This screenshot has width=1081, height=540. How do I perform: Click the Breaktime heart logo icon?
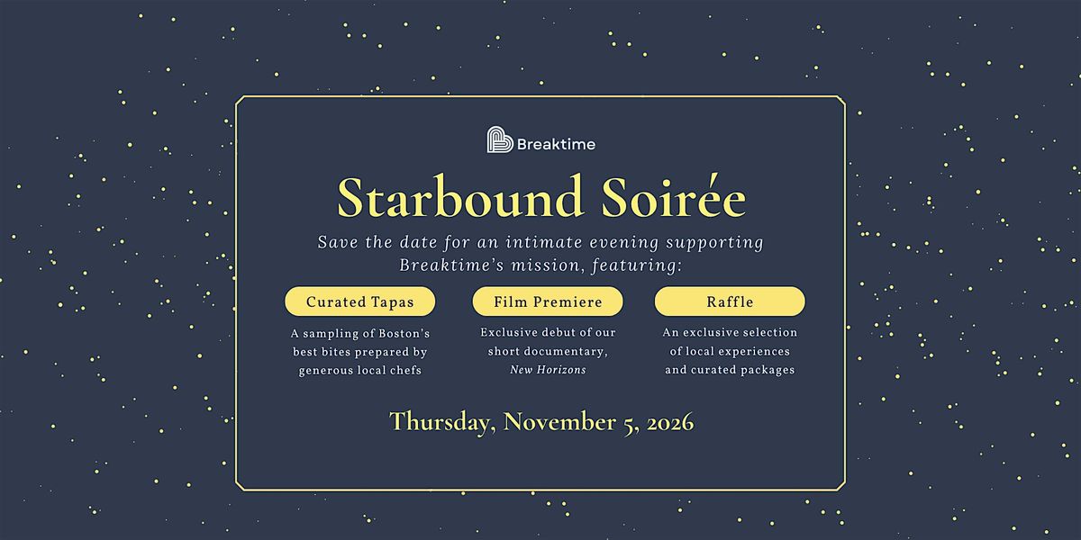(499, 139)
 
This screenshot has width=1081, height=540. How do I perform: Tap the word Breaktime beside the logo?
(556, 144)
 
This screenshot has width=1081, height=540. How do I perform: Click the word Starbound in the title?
(460, 197)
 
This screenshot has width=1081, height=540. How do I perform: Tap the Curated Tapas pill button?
(360, 301)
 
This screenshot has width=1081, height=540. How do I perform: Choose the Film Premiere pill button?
(548, 301)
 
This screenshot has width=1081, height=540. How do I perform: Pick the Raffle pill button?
(730, 301)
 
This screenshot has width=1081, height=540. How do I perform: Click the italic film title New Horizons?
(548, 370)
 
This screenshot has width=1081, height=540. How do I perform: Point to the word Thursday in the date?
(442, 422)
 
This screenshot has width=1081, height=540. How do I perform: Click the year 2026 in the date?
(670, 422)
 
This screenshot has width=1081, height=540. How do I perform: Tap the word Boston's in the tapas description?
(404, 333)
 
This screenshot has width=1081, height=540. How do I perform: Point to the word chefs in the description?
(409, 370)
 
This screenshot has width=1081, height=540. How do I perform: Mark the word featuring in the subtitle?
(637, 265)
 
